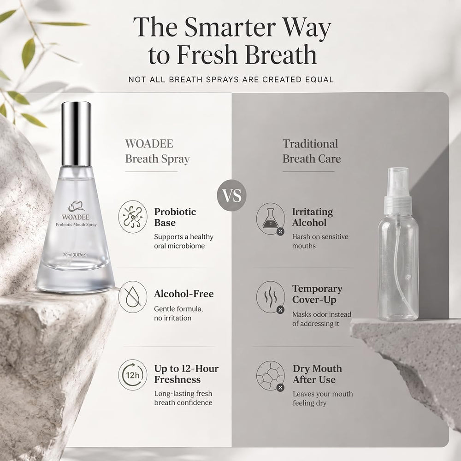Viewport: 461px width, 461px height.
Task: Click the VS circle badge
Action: point(231,195)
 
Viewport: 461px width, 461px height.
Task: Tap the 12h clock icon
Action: point(133,375)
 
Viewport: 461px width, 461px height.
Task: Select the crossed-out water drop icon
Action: point(133,296)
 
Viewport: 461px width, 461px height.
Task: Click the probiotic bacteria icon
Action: point(133,217)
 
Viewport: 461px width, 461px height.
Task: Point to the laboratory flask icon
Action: point(271,219)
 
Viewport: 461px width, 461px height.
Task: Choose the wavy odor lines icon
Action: point(271,296)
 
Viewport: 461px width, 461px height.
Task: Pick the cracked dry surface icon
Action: point(271,376)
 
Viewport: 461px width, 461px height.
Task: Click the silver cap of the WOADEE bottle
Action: point(76,134)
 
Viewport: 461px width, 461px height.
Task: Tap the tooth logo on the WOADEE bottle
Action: point(77,207)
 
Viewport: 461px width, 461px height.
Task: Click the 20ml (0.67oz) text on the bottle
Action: point(75,254)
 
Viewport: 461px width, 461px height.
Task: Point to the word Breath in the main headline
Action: point(281,55)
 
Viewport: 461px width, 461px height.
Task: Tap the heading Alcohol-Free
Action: point(184,294)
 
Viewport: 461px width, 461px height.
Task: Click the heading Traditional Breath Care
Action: point(311,151)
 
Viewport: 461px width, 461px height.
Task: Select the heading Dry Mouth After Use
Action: point(317,374)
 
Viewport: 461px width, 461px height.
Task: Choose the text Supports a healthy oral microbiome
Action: point(184,241)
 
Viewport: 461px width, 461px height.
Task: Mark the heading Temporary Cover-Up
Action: point(317,294)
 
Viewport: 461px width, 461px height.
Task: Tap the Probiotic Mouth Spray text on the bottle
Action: point(76,225)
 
